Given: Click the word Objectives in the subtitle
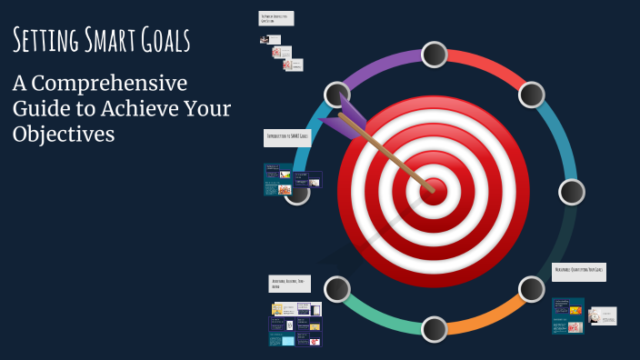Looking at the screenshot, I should [64, 134].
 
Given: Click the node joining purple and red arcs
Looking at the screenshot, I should [434, 55].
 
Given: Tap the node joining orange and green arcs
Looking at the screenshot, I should [434, 329].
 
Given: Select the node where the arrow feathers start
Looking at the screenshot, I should [336, 95].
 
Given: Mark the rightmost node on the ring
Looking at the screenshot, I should [572, 192].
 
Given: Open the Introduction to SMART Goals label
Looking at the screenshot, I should [287, 137].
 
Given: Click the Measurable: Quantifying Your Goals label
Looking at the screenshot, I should [579, 272].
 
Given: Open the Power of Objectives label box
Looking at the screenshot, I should [275, 18].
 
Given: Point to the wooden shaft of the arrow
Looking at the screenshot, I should [391, 155].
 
